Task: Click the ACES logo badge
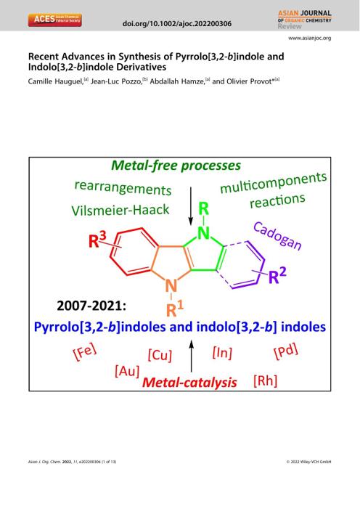click(x=54, y=20)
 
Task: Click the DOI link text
click(x=177, y=24)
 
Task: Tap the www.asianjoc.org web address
click(x=310, y=38)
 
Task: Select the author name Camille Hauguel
click(x=55, y=81)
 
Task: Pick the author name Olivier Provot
click(x=249, y=81)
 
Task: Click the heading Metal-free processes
click(x=176, y=166)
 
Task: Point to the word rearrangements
click(x=123, y=187)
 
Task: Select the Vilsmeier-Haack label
click(x=120, y=210)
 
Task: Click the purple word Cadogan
click(x=277, y=236)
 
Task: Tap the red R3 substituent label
click(x=97, y=240)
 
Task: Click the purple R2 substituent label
click(x=277, y=276)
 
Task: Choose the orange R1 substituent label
click(x=174, y=309)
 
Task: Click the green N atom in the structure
click(x=203, y=233)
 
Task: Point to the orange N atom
click(x=171, y=286)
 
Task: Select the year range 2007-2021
click(x=91, y=306)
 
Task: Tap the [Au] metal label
click(x=127, y=371)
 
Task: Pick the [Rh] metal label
click(x=265, y=380)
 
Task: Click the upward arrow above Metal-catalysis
click(x=191, y=356)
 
